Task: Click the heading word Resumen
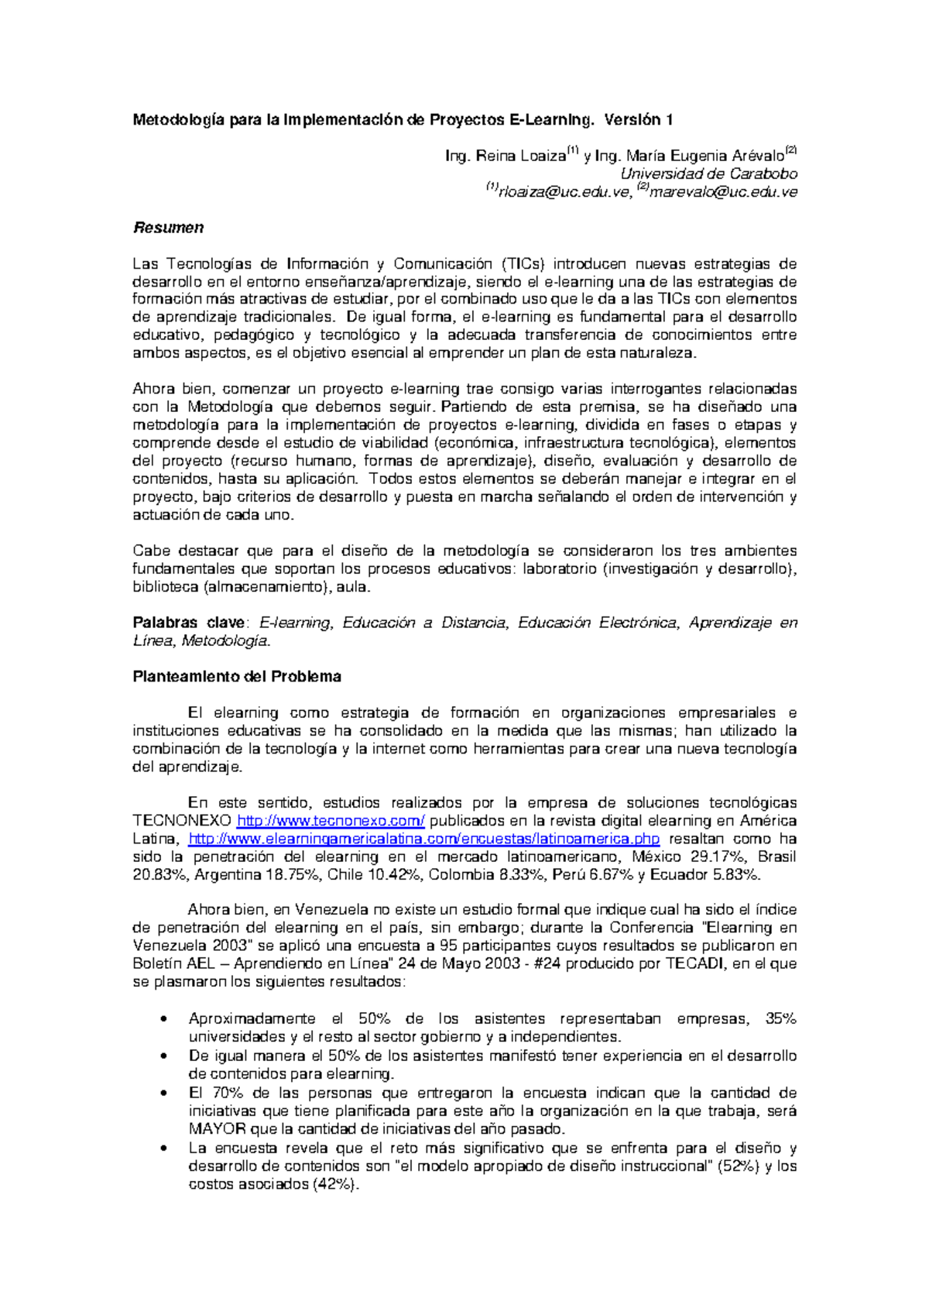tap(168, 228)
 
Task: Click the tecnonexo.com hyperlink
tap(331, 821)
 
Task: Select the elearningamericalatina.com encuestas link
tap(424, 839)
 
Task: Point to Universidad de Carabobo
tap(708, 174)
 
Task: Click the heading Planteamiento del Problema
tap(237, 677)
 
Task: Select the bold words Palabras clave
tap(189, 623)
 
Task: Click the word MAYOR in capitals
tap(218, 1129)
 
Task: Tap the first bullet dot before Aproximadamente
tap(163, 1020)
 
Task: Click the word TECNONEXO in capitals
tap(182, 821)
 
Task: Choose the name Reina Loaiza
tap(521, 156)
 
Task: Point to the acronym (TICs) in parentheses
tap(523, 264)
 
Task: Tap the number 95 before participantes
tap(448, 946)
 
